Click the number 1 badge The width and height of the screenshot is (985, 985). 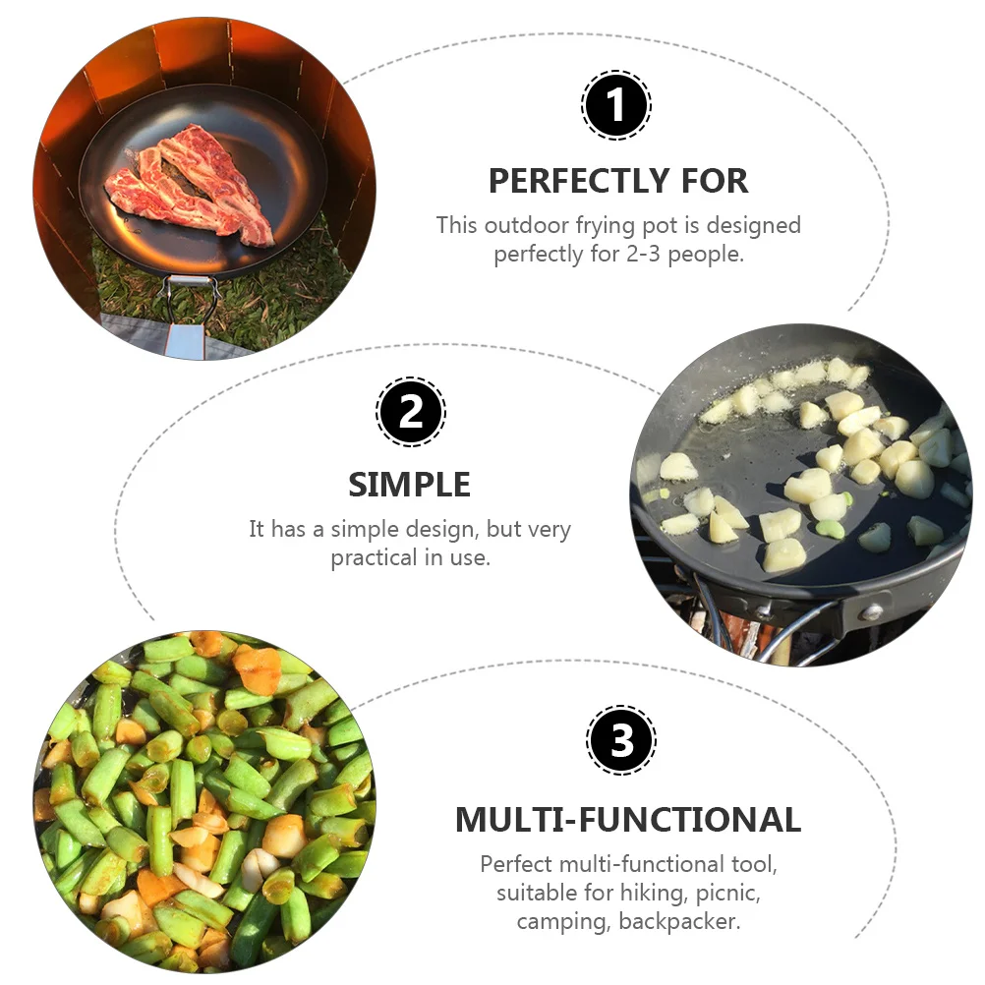click(x=616, y=105)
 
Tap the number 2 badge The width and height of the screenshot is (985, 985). click(x=411, y=411)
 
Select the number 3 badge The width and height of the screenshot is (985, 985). click(x=621, y=740)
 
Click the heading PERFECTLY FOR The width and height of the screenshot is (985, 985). click(x=618, y=181)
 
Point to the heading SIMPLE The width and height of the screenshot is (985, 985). click(x=410, y=485)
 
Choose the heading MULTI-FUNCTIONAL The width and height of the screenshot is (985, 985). click(x=628, y=819)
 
